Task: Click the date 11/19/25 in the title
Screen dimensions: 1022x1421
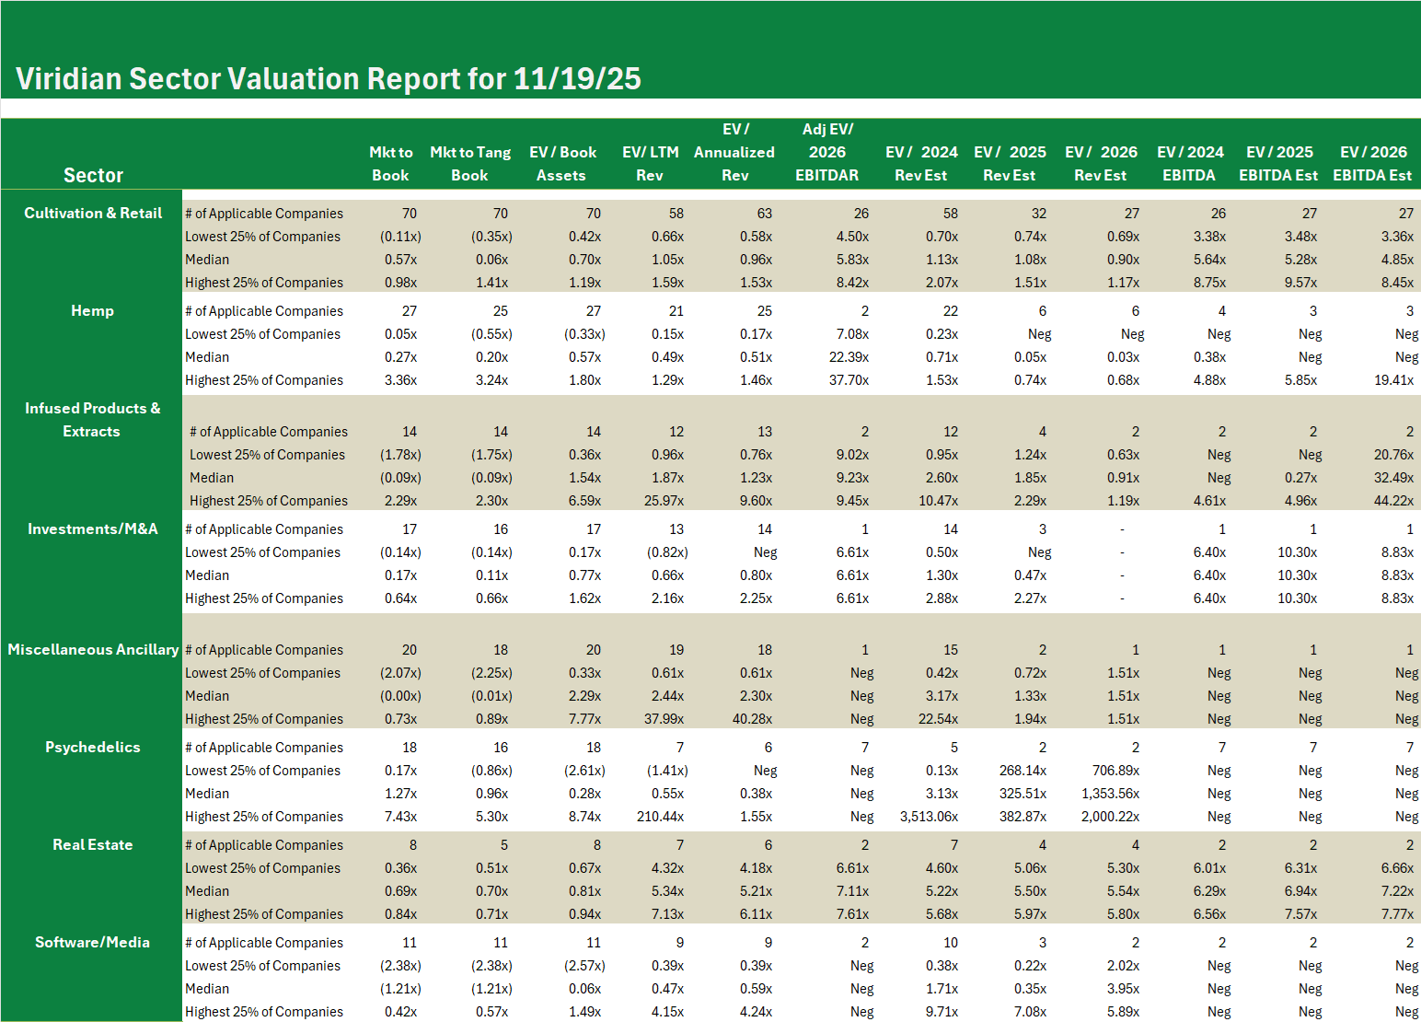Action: click(x=577, y=79)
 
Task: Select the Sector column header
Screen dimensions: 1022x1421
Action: click(x=93, y=175)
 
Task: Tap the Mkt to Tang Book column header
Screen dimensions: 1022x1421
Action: click(x=470, y=164)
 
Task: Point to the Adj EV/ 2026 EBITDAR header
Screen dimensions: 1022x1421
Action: click(x=827, y=152)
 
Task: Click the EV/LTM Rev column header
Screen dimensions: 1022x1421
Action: click(x=650, y=164)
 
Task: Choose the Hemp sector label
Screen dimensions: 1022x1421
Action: click(x=92, y=310)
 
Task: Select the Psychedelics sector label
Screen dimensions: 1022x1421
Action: click(x=92, y=747)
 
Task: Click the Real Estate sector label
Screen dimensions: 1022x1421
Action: click(x=92, y=844)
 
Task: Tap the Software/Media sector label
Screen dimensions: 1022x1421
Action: click(x=92, y=942)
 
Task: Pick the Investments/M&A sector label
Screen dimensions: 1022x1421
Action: click(x=92, y=528)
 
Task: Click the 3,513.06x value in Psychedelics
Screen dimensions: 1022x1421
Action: click(x=929, y=817)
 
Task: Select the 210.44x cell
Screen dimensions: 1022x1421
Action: click(x=660, y=817)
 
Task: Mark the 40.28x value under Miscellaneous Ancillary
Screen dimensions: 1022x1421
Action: click(x=752, y=719)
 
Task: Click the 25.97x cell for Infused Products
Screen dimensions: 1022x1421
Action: click(x=664, y=501)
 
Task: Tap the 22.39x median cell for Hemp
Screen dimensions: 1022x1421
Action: click(x=849, y=357)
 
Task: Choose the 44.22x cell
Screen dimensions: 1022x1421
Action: click(x=1393, y=501)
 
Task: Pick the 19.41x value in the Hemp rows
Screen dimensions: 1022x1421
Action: click(x=1393, y=380)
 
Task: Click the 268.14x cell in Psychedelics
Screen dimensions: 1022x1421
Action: click(x=1022, y=771)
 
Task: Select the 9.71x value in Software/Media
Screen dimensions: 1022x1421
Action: click(x=942, y=1012)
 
